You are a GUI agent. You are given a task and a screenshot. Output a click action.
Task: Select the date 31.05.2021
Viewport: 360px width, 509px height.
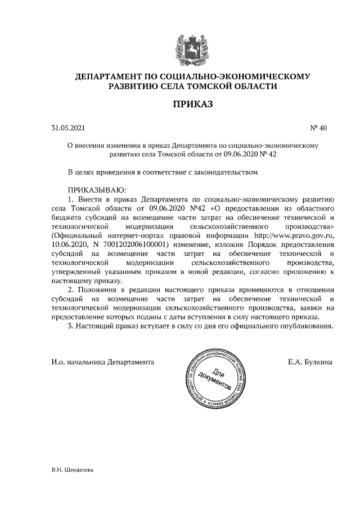(x=66, y=128)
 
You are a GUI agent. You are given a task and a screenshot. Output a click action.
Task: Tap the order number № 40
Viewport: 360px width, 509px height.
(x=318, y=128)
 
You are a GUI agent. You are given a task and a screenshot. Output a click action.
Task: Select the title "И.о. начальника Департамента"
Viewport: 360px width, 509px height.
(x=102, y=362)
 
